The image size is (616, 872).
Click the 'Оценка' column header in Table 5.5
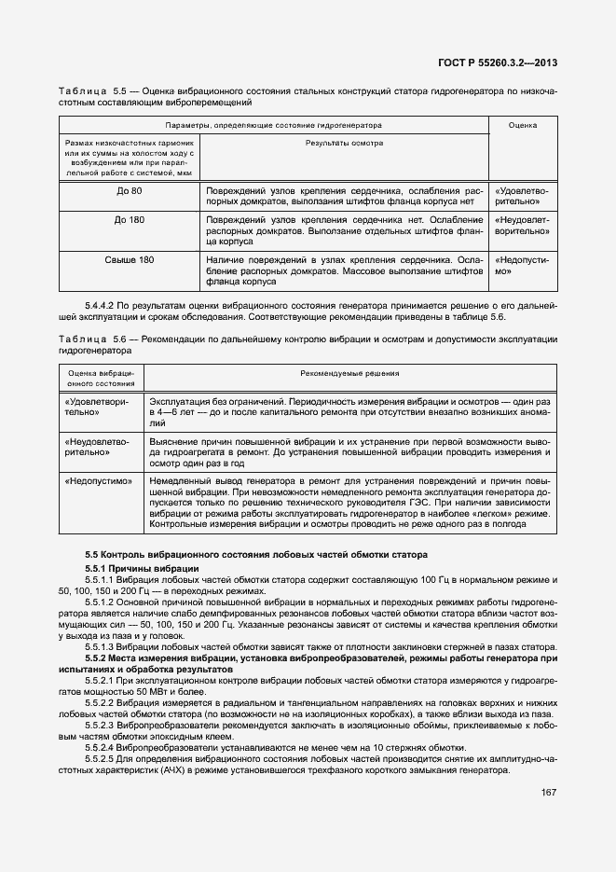click(x=521, y=124)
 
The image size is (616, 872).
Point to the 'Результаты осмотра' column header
click(x=345, y=143)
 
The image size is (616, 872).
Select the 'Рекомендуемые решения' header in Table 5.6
click(x=350, y=373)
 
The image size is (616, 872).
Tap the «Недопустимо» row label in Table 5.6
click(x=98, y=481)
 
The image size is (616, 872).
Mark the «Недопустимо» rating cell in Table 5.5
click(x=521, y=266)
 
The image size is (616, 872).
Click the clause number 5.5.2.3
click(x=106, y=724)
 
